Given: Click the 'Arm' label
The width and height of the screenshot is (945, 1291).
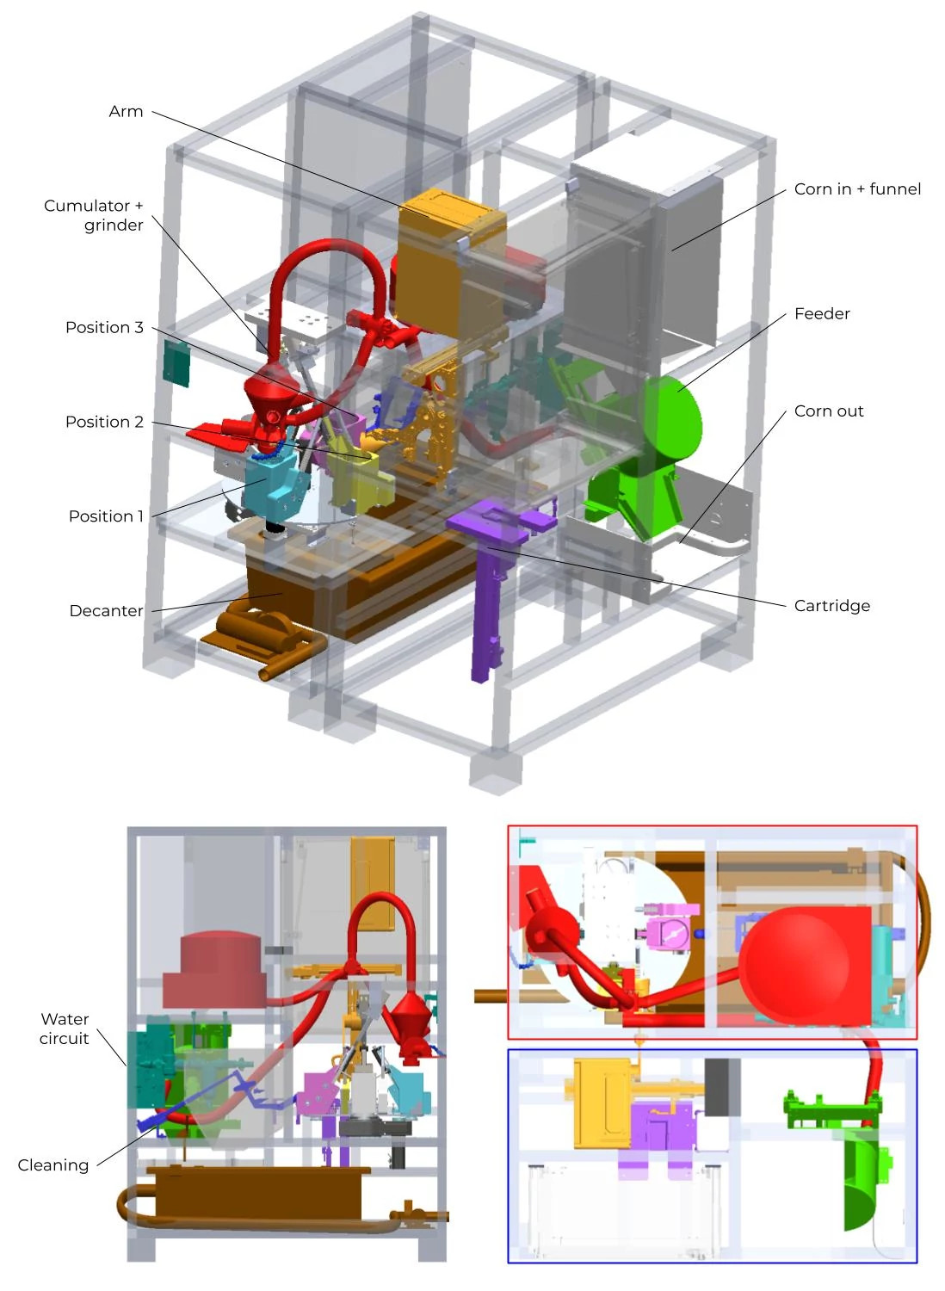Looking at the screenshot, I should coord(126,112).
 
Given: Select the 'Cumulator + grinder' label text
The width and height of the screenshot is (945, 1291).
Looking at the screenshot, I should coord(94,215).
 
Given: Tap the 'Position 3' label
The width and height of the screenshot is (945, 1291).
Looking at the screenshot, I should coord(104,328).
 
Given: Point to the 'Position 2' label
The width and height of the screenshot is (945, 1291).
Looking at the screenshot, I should coord(104,423).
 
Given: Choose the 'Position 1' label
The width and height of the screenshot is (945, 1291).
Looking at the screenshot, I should coord(106,516).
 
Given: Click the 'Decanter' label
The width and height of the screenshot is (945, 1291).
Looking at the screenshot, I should coord(106,611).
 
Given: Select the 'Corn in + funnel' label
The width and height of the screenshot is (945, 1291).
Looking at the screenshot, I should coord(857,189).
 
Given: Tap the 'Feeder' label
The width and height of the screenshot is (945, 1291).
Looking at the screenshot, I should coord(822,314).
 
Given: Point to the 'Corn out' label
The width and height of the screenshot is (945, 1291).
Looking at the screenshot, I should coord(828,411).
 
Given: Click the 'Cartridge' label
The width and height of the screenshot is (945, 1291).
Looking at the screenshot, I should coord(831,606).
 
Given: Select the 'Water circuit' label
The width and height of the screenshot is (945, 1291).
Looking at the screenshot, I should coord(65,1028).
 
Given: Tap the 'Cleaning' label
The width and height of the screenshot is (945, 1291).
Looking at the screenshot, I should coord(53,1165).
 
